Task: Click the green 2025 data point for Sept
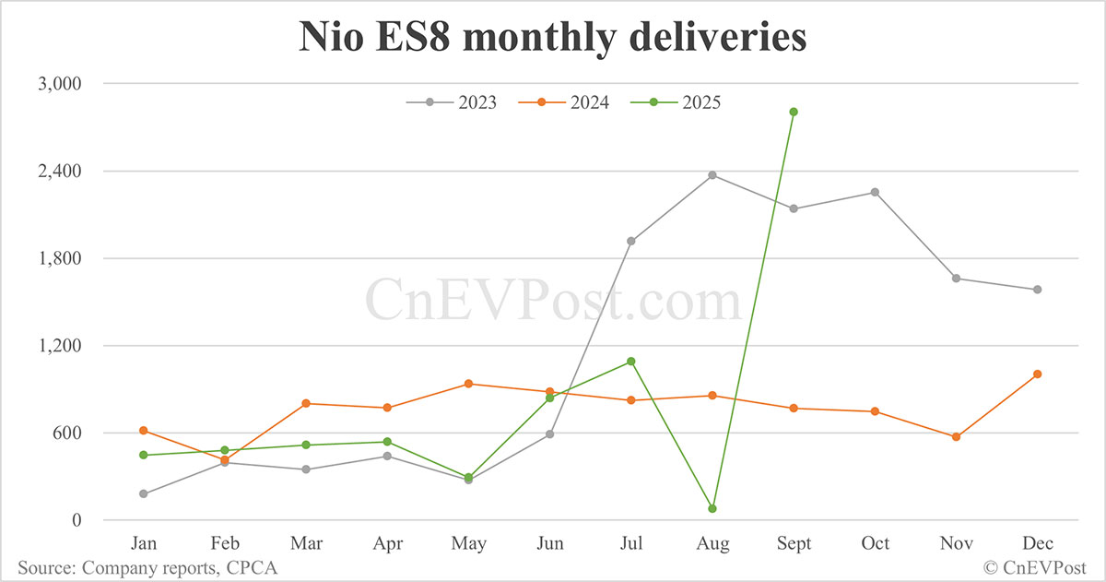point(794,112)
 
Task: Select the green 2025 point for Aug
point(712,508)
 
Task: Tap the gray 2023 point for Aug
point(712,175)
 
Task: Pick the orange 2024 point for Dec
point(1037,374)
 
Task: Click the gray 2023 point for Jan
point(144,493)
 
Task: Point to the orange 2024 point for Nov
point(956,437)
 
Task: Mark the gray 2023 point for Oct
point(875,192)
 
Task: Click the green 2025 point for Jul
point(631,361)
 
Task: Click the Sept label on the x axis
point(794,544)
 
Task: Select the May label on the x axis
point(469,544)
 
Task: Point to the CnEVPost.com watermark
point(553,300)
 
